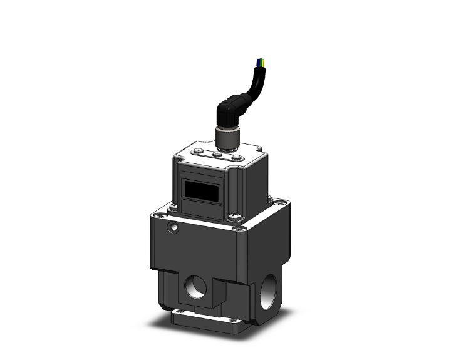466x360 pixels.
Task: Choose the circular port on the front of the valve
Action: click(195, 287)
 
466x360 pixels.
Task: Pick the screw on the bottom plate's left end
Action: click(180, 312)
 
